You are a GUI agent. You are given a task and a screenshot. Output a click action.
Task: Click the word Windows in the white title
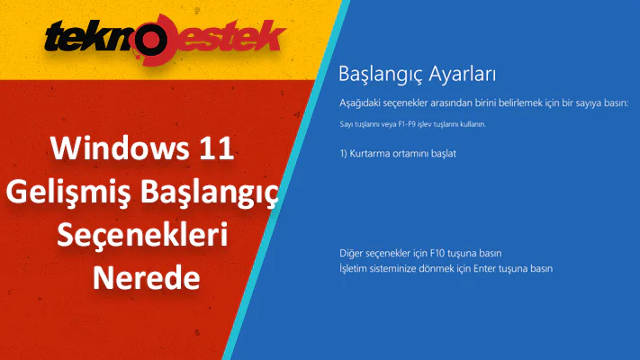coord(113,149)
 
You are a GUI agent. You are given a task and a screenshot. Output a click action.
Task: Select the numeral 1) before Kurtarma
coord(344,153)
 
